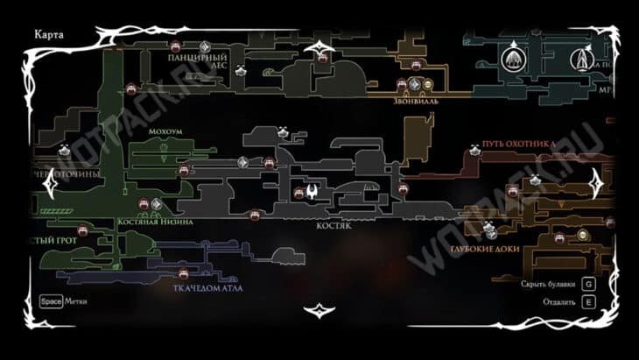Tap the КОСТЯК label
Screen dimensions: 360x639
pos(334,224)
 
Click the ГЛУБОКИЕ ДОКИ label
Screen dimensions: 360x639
pos(485,249)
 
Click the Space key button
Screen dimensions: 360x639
pos(50,301)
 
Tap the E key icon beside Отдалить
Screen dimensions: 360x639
pos(589,301)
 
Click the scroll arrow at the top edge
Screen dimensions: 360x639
pos(319,49)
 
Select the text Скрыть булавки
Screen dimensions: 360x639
pos(549,285)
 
